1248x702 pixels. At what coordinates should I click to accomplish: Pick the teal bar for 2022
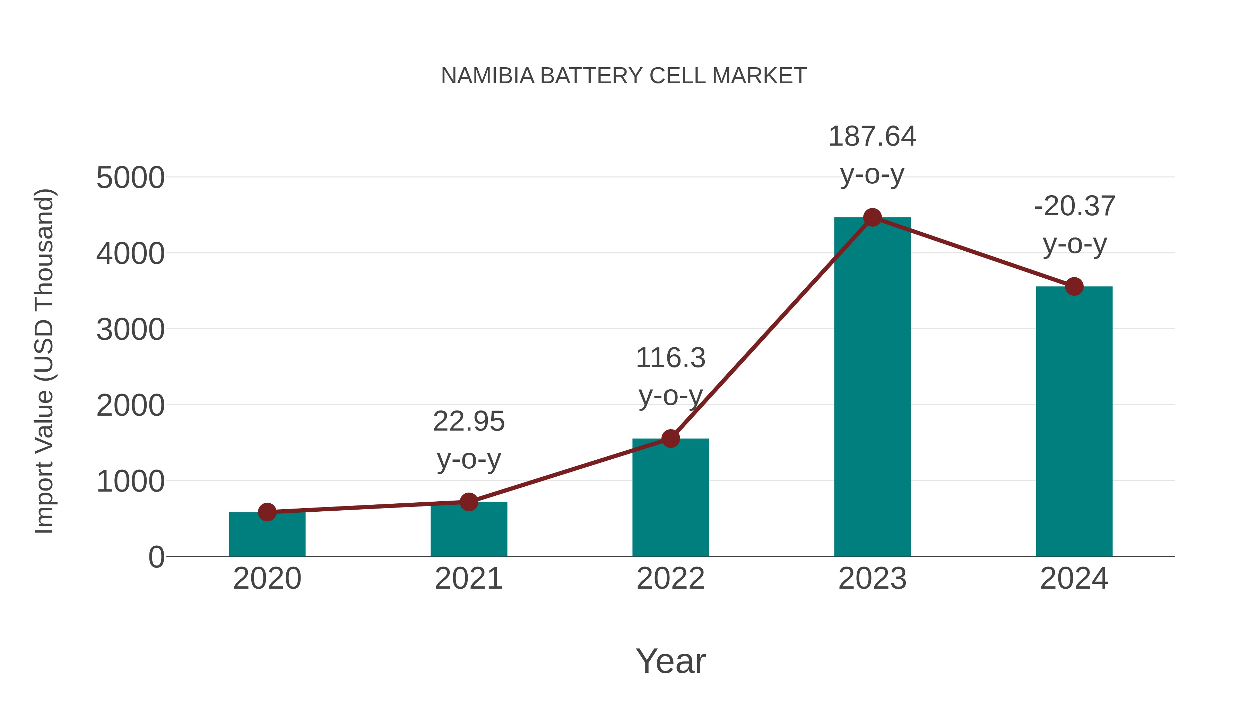coord(670,499)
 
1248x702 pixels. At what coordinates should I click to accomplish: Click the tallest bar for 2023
coord(872,388)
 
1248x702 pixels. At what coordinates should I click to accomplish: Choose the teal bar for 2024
coord(1074,422)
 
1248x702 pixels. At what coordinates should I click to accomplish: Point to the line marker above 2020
coord(267,512)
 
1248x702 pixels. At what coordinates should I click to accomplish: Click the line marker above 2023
coord(872,217)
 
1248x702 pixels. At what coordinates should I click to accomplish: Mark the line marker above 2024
coord(1074,286)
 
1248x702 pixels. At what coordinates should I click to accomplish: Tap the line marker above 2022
coord(670,439)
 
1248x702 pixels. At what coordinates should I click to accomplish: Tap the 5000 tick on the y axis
coord(130,178)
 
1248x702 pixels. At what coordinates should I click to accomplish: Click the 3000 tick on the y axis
coord(130,330)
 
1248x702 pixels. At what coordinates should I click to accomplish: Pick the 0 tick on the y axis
coord(156,557)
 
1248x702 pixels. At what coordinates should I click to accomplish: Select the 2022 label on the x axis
coord(670,579)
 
